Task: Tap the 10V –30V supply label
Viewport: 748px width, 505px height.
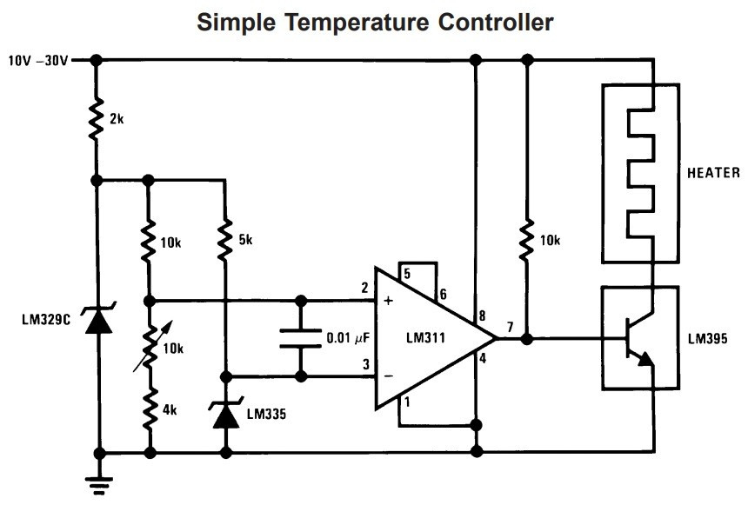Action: coord(38,61)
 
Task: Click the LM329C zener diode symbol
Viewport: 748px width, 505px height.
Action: coord(97,321)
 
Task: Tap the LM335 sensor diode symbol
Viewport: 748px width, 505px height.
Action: coord(225,415)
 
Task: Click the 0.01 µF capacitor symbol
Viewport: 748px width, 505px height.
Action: coord(301,338)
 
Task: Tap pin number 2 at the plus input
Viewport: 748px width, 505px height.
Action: coord(365,288)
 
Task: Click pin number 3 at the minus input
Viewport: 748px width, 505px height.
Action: coord(365,364)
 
